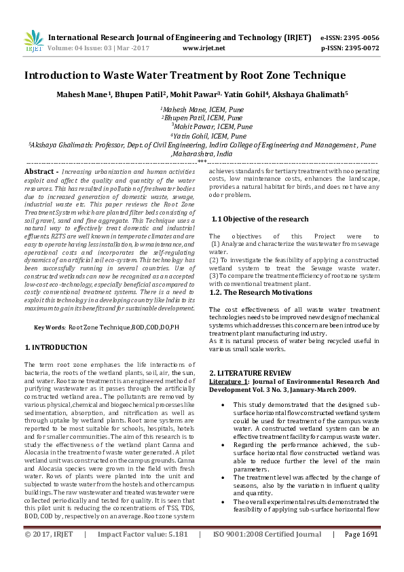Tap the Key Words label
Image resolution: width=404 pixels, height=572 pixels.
pyautogui.click(x=49, y=327)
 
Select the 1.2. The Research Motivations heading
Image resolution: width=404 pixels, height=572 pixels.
pyautogui.click(x=261, y=292)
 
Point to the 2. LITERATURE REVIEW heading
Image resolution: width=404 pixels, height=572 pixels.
pyautogui.click(x=250, y=373)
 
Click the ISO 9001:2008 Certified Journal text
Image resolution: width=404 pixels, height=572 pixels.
pyautogui.click(x=267, y=554)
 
